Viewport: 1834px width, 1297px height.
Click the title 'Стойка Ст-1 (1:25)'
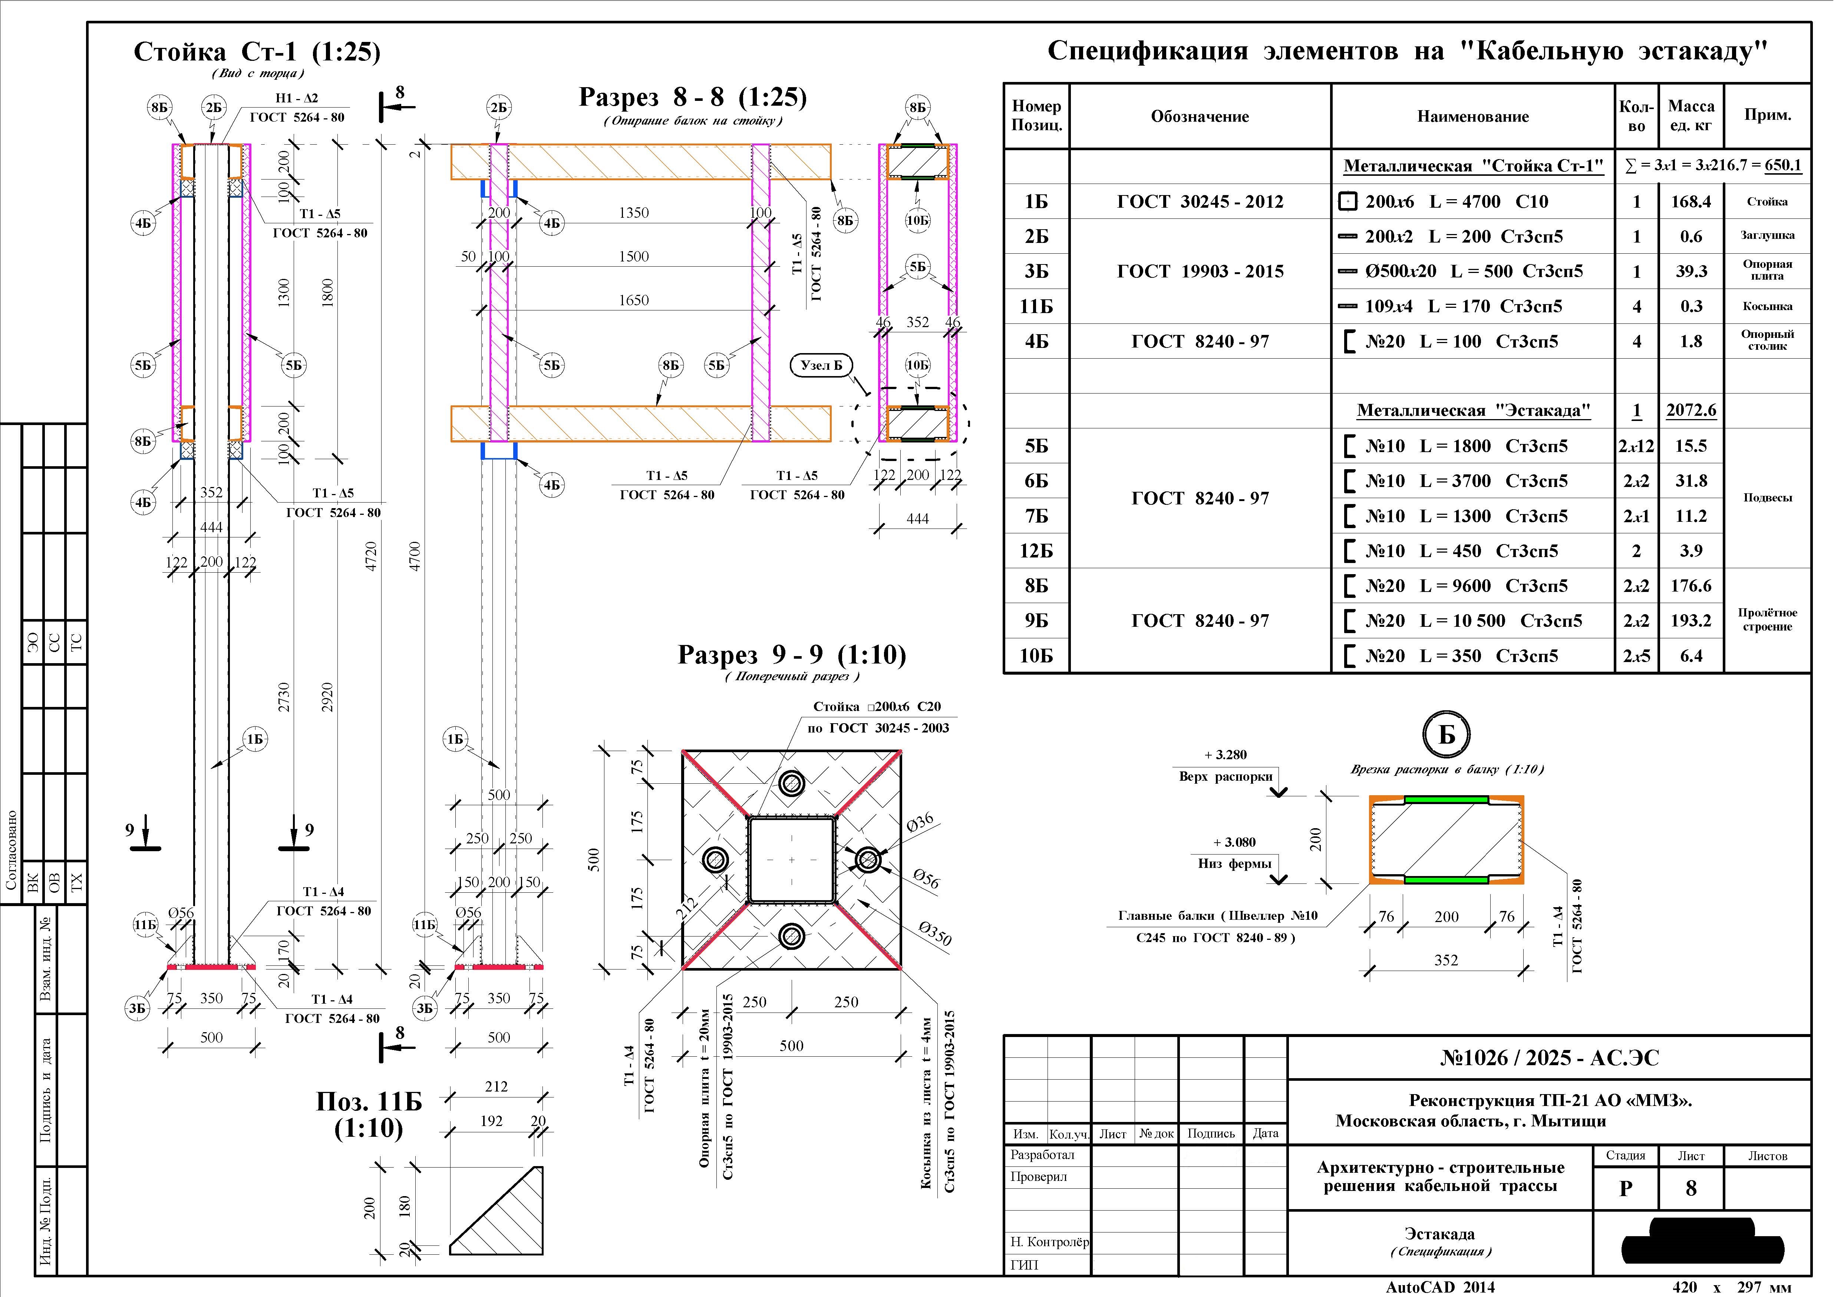[257, 52]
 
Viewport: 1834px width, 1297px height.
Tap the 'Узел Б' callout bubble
[821, 365]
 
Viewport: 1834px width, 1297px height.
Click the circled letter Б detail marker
[1447, 734]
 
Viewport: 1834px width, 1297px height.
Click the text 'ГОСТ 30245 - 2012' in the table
[1200, 201]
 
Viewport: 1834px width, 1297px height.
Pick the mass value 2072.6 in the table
[1691, 410]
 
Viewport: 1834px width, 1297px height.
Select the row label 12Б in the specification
[1036, 551]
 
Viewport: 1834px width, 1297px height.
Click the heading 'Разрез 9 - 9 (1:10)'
[792, 655]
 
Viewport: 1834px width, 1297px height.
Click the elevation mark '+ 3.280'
[1226, 754]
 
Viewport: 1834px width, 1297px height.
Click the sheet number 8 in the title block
[1691, 1188]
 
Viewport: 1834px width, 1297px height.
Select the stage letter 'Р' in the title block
[1626, 1188]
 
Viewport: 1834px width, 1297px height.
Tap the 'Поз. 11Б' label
[368, 1101]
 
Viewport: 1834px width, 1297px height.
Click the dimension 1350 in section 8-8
[633, 213]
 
